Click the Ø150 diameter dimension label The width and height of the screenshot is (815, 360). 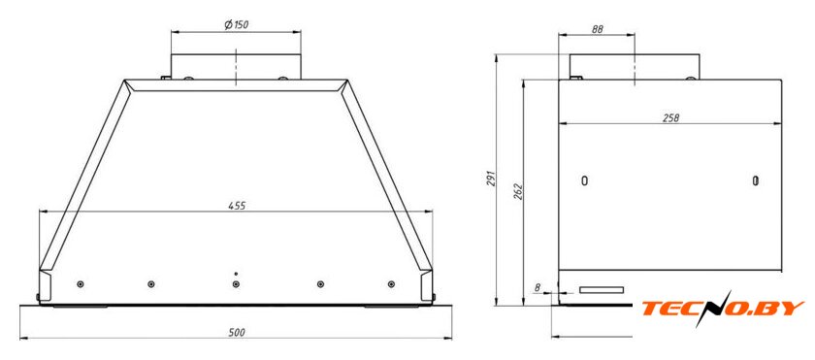pyautogui.click(x=236, y=25)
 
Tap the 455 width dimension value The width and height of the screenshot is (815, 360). pyautogui.click(x=237, y=205)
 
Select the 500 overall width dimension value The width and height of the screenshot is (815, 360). pyautogui.click(x=237, y=332)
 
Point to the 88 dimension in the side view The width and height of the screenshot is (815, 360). pyautogui.click(x=597, y=30)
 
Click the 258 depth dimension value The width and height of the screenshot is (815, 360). pyautogui.click(x=671, y=118)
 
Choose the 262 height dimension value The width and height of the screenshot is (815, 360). pyautogui.click(x=519, y=191)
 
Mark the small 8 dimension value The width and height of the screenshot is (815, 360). pyautogui.click(x=537, y=286)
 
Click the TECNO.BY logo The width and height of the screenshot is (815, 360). pyautogui.click(x=723, y=309)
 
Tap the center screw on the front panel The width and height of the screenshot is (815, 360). pyautogui.click(x=236, y=284)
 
